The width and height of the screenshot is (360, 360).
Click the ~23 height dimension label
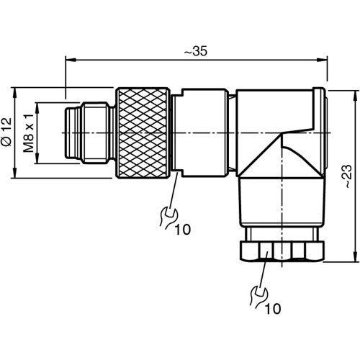pyautogui.click(x=345, y=174)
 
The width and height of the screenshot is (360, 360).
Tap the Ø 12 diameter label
pyautogui.click(x=7, y=132)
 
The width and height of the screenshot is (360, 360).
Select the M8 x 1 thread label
pyautogui.click(x=27, y=133)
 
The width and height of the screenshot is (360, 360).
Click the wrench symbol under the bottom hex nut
pyautogui.click(x=257, y=294)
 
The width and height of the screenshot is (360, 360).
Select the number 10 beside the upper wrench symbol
pyautogui.click(x=182, y=230)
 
